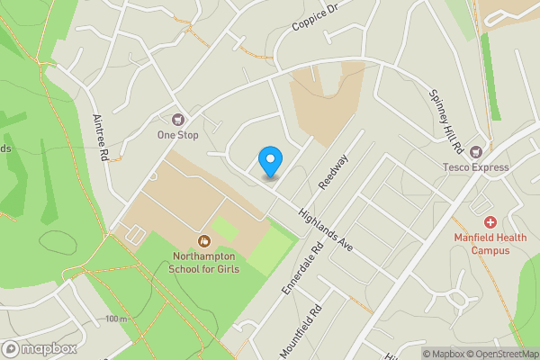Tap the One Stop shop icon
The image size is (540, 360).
tap(177, 119)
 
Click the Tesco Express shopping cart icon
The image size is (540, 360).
tap(476, 150)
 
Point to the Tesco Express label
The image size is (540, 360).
tap(476, 166)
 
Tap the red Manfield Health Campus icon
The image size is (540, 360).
tap(490, 221)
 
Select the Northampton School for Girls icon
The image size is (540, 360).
tap(204, 240)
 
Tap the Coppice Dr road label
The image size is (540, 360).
tap(313, 17)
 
